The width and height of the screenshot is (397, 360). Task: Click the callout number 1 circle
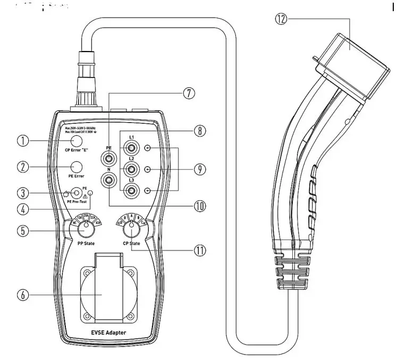(22, 141)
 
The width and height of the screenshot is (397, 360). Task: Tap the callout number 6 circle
(22, 296)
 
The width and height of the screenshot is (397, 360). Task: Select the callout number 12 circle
(281, 20)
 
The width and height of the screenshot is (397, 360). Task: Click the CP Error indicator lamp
(77, 141)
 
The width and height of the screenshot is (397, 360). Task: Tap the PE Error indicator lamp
(77, 167)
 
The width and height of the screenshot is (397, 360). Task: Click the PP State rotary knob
(85, 231)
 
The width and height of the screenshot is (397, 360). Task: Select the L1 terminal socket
(129, 148)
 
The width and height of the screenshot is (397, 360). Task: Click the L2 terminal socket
(129, 169)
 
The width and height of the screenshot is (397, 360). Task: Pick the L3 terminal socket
(129, 190)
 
